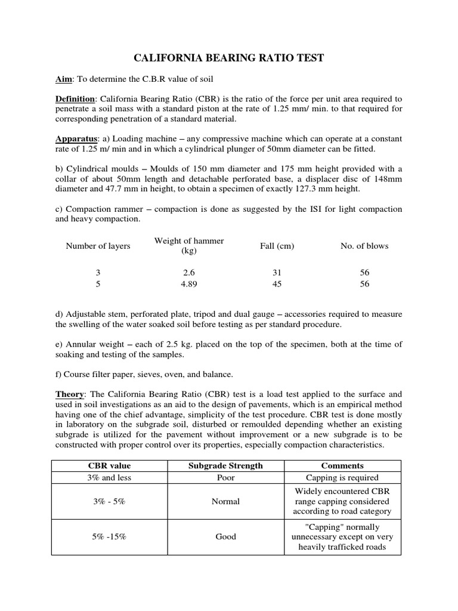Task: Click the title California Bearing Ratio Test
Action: click(x=228, y=58)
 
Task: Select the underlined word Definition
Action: click(x=75, y=98)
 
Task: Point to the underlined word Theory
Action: click(x=69, y=394)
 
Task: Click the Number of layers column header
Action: click(x=98, y=246)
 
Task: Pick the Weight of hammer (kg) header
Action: click(x=189, y=246)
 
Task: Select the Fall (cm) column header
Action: click(x=277, y=246)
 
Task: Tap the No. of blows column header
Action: click(x=364, y=246)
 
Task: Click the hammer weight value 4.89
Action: click(x=189, y=284)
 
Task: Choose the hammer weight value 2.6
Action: click(x=189, y=273)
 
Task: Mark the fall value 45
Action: click(x=277, y=284)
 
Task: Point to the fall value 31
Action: click(x=277, y=273)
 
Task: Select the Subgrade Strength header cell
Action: click(x=225, y=465)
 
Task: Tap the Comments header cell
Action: click(x=342, y=465)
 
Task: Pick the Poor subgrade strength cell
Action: click(x=225, y=477)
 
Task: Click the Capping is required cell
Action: click(x=342, y=477)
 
